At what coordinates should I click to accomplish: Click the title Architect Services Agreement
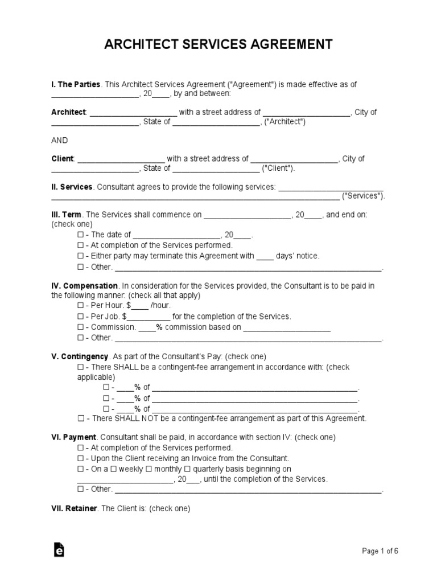click(x=218, y=44)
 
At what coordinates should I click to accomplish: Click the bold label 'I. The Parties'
click(x=76, y=84)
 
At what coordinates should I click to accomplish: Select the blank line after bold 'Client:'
click(x=121, y=159)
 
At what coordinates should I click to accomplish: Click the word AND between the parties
click(x=60, y=140)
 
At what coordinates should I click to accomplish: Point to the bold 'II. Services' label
click(x=72, y=187)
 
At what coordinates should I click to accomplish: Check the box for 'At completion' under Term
click(x=80, y=245)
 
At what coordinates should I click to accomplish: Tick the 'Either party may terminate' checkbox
click(x=80, y=256)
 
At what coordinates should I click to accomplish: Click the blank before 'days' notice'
click(x=265, y=256)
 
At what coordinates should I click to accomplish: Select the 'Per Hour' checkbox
click(x=80, y=306)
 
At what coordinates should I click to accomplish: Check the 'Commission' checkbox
click(x=80, y=327)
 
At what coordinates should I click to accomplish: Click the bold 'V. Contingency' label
click(x=80, y=356)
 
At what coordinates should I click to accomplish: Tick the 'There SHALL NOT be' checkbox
click(x=80, y=418)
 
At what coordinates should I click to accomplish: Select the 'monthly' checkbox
click(x=149, y=469)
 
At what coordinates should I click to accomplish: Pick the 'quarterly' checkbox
click(x=189, y=469)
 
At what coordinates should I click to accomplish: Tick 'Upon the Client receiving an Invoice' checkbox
click(x=80, y=458)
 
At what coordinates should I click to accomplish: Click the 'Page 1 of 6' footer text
click(x=380, y=551)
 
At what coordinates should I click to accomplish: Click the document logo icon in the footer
click(x=59, y=549)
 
